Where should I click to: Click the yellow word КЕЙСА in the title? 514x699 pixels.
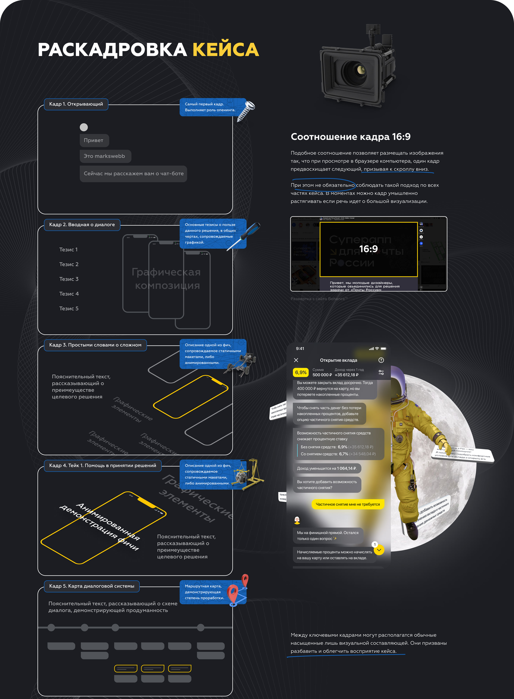point(226,50)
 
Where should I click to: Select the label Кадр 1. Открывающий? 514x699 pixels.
point(76,104)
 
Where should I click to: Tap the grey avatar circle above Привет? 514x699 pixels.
point(84,127)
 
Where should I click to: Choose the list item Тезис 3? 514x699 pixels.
point(69,279)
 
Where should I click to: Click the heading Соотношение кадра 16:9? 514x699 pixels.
point(350,137)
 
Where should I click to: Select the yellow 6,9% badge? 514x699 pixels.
point(301,372)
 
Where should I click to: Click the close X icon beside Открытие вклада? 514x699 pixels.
point(296,360)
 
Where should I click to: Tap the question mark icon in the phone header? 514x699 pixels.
point(381,360)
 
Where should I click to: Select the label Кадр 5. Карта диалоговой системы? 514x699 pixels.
point(91,586)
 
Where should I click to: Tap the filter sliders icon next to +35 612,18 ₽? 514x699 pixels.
point(381,372)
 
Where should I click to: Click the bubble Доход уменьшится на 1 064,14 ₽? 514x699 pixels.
point(327,468)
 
